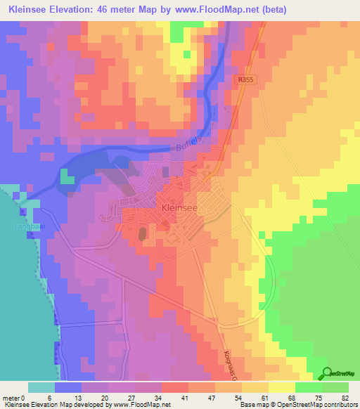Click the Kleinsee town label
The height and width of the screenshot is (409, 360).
pos(179,208)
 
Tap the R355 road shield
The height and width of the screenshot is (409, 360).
pos(245,81)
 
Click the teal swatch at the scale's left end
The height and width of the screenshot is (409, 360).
pos(41,387)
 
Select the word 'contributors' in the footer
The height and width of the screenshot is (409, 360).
pos(337,405)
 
